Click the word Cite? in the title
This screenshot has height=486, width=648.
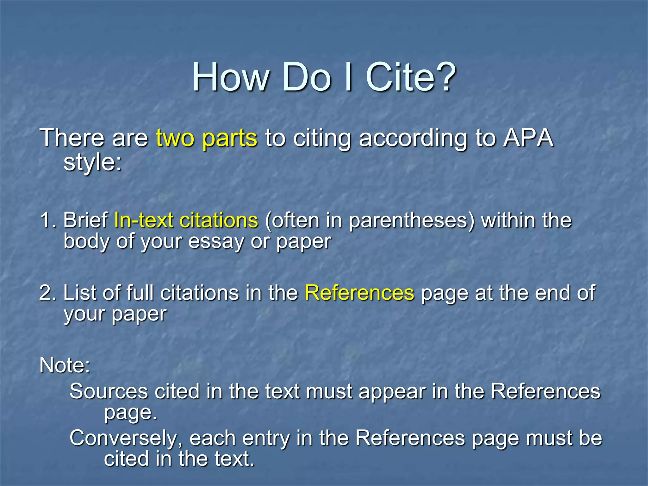(411, 77)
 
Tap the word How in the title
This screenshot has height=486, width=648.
(231, 77)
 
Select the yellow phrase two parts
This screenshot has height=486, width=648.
(207, 138)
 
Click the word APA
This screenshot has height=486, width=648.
(528, 138)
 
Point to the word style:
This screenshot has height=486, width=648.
(92, 162)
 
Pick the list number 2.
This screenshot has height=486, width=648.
(47, 293)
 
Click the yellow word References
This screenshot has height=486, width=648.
(359, 293)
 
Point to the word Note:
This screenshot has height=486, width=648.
(65, 365)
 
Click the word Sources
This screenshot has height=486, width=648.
(109, 391)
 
